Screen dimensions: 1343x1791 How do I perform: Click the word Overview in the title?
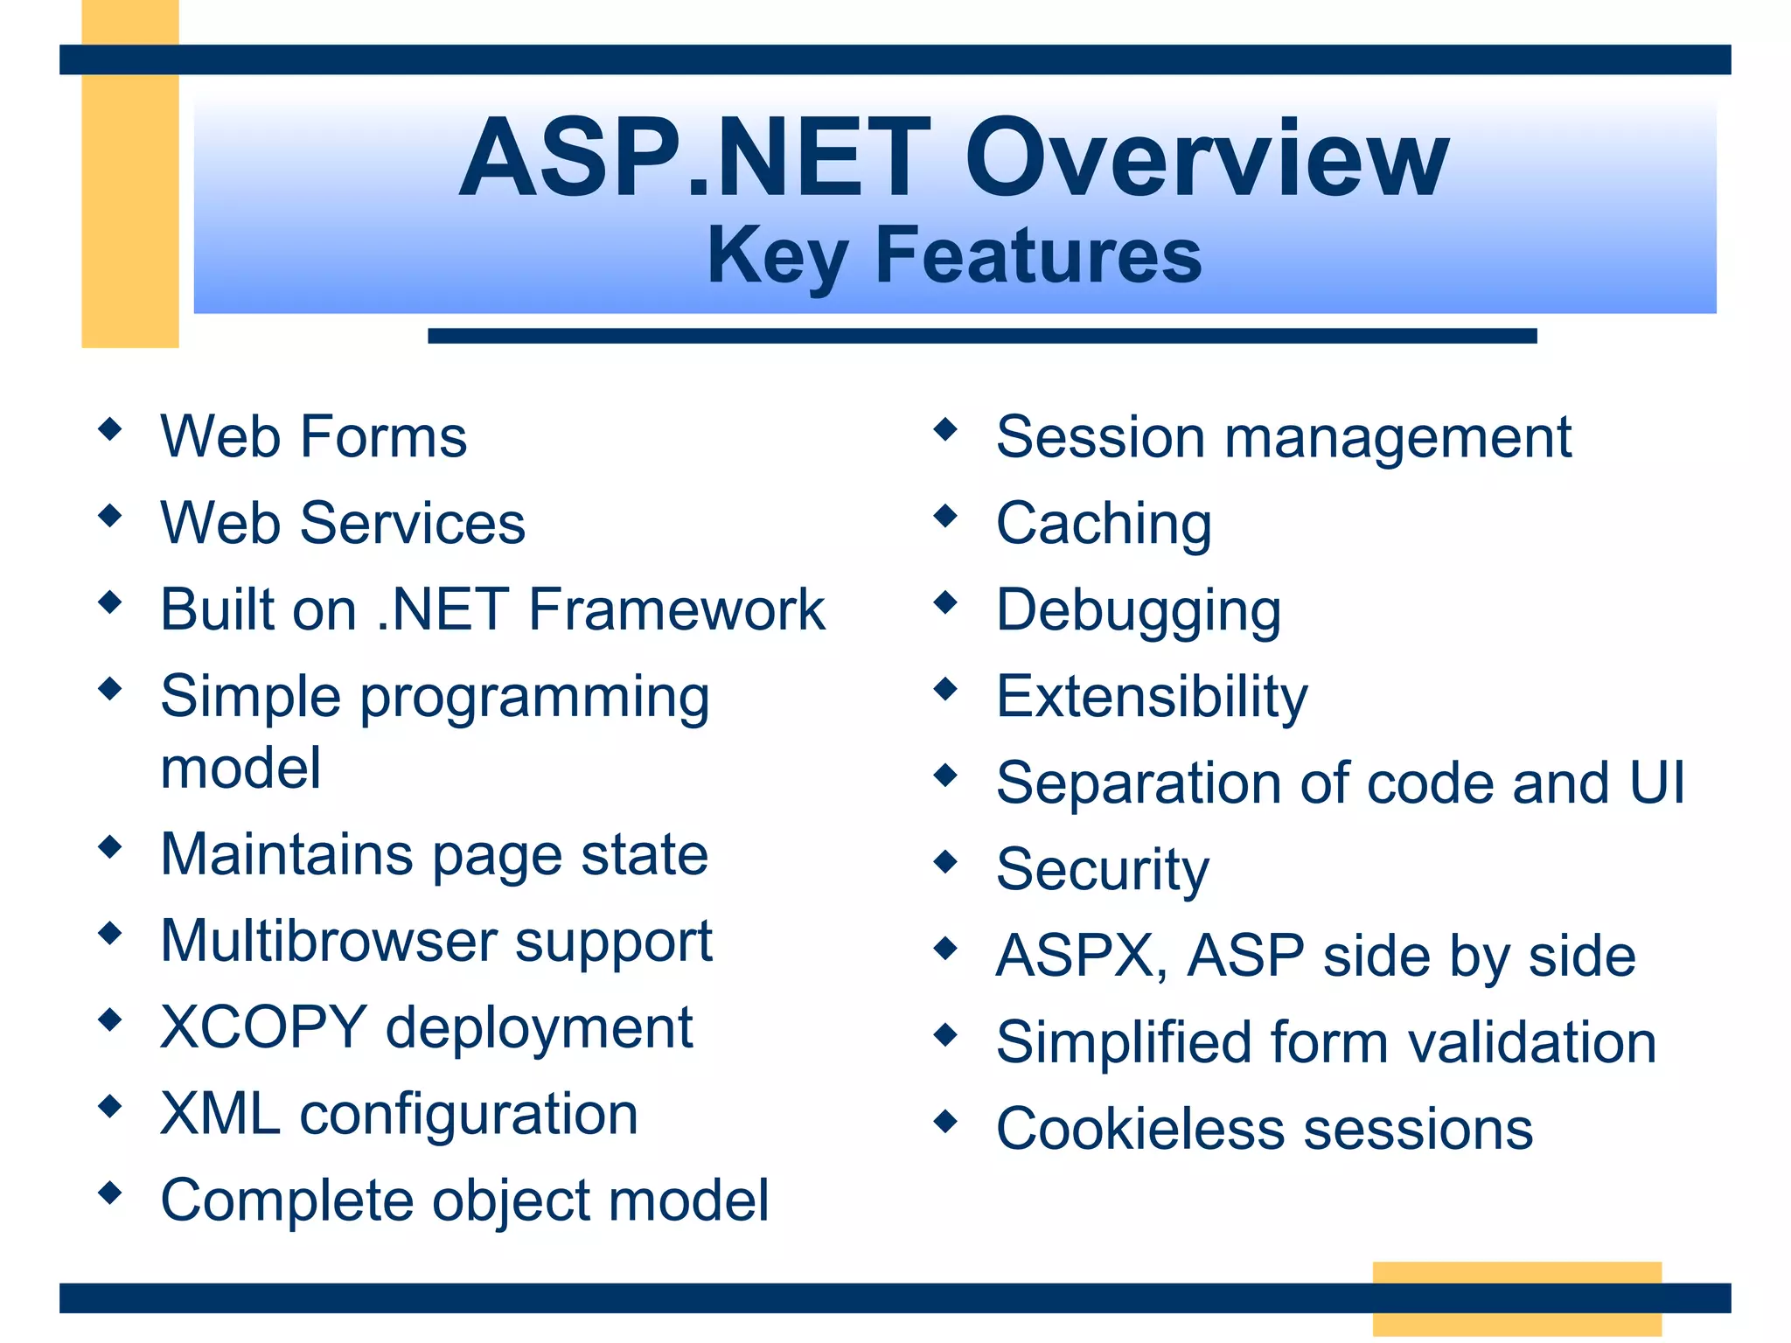[1207, 160]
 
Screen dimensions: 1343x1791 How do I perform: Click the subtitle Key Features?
[954, 254]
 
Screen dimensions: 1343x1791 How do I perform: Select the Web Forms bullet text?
[313, 436]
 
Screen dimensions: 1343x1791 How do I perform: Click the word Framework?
[677, 609]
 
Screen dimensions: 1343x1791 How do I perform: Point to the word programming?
[534, 699]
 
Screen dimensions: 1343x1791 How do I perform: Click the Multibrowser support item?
[436, 942]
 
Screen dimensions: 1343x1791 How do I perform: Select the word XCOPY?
[263, 1027]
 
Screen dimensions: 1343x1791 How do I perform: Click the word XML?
[220, 1114]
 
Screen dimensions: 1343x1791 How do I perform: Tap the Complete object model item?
[464, 1200]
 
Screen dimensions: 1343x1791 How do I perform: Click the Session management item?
[1283, 437]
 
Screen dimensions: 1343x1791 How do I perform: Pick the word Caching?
[1104, 524]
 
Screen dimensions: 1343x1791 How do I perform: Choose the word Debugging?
[1138, 610]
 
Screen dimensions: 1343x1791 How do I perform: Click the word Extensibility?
[1152, 697]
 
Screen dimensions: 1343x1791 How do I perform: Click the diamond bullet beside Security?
[945, 862]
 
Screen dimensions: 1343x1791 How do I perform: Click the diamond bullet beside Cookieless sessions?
[945, 1121]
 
